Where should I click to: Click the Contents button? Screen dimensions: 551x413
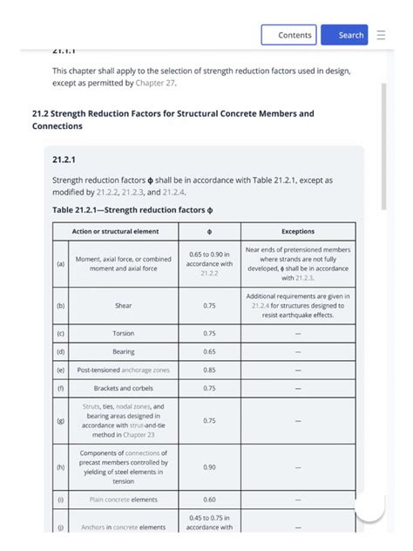click(x=288, y=35)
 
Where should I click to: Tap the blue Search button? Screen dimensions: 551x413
click(x=344, y=35)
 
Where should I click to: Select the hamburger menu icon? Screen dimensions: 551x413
click(x=381, y=35)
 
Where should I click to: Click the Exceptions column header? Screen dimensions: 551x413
click(x=298, y=231)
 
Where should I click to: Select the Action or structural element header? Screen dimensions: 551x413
click(x=116, y=231)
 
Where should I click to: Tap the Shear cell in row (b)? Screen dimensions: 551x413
click(x=123, y=306)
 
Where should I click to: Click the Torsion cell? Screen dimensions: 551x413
click(x=123, y=334)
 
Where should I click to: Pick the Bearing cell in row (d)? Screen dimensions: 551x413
click(x=123, y=352)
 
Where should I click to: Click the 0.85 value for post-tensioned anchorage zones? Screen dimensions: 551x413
click(x=209, y=370)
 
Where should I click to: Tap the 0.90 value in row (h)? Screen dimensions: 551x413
click(x=209, y=467)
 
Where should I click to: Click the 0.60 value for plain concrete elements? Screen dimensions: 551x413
click(x=209, y=500)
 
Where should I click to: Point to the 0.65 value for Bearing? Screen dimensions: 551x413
click(x=209, y=352)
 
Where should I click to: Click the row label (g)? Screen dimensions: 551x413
click(x=60, y=420)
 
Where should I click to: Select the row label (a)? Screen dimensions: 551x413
click(x=60, y=264)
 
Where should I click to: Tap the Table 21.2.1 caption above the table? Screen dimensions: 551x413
click(x=132, y=210)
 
